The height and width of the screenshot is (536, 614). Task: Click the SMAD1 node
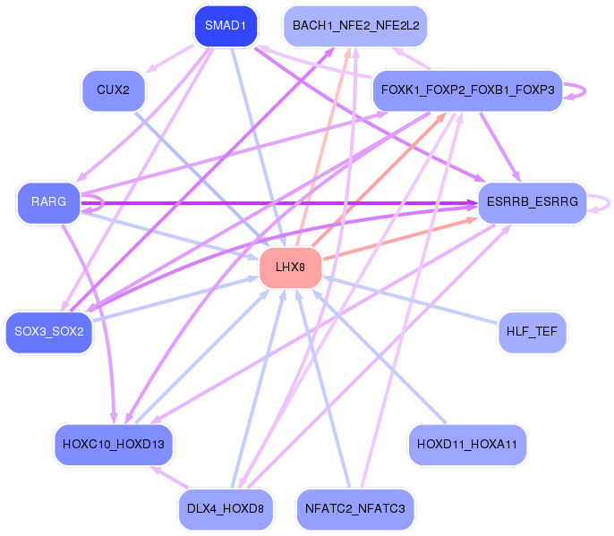(x=226, y=26)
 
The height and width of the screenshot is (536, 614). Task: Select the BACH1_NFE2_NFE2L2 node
(x=355, y=26)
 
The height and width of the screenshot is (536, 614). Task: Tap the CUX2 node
(x=113, y=90)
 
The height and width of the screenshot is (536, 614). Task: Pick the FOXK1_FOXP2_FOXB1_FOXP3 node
(x=467, y=90)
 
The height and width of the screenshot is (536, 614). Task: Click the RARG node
(x=49, y=202)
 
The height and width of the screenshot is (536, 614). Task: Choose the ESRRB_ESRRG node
(x=533, y=202)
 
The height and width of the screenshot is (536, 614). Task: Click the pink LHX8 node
(x=290, y=268)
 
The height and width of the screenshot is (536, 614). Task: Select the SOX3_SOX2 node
(x=49, y=332)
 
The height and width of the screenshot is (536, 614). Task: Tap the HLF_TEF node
(x=533, y=332)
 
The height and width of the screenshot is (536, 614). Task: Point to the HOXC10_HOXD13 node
(x=113, y=445)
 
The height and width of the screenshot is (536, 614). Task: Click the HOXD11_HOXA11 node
(x=467, y=445)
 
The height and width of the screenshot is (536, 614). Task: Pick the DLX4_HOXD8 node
(x=226, y=509)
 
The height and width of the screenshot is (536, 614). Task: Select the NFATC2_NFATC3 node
(x=355, y=509)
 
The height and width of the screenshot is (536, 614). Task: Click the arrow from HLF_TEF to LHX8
(x=410, y=300)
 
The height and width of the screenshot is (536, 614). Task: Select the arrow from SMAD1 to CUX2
(x=169, y=59)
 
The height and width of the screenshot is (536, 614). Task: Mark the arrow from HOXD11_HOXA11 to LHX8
(x=379, y=357)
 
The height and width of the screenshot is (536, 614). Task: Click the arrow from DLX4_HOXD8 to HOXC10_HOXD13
(x=171, y=478)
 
